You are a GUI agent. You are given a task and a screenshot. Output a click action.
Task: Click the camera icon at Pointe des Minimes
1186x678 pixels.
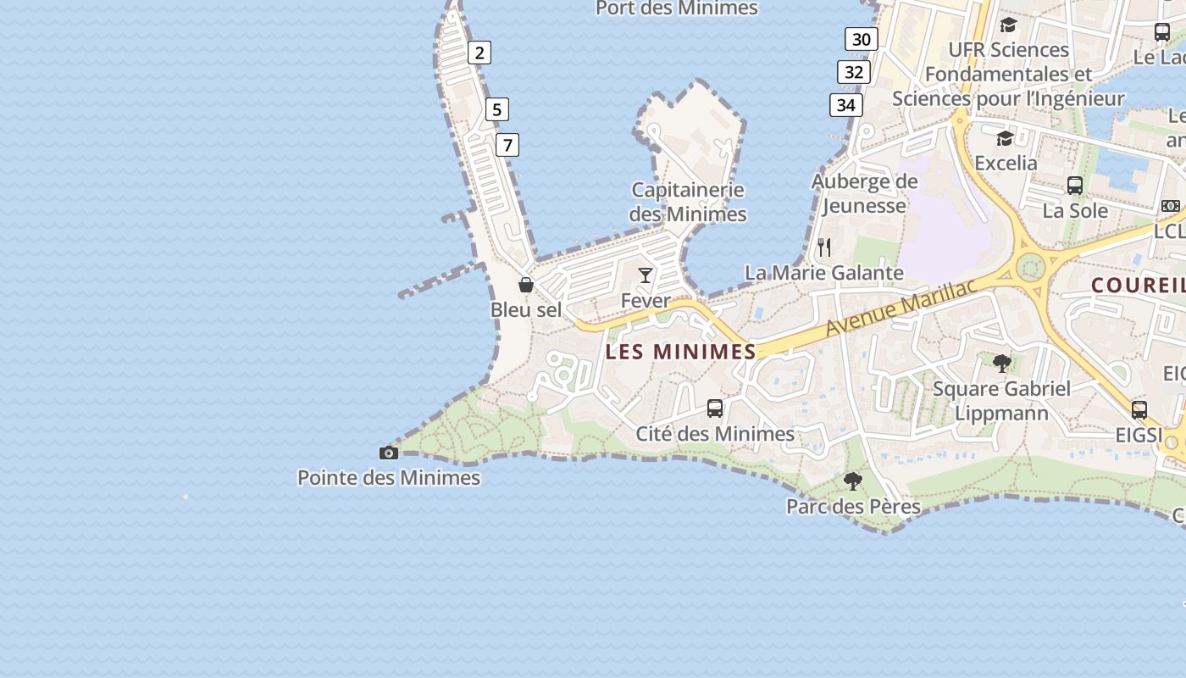pyautogui.click(x=389, y=453)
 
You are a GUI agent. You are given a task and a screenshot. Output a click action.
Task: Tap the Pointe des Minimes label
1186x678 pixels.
pyautogui.click(x=389, y=478)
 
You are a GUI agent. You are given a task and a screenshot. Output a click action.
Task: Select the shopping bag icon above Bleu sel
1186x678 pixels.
pyautogui.click(x=526, y=285)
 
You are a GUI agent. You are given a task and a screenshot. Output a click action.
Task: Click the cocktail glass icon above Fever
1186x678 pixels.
pyautogui.click(x=646, y=275)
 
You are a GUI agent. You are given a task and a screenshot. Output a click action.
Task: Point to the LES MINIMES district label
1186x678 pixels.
pyautogui.click(x=681, y=352)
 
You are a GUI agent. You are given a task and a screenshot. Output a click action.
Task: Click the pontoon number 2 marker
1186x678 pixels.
pyautogui.click(x=479, y=53)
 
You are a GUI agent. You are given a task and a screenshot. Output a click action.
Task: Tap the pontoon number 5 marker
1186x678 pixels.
pyautogui.click(x=497, y=109)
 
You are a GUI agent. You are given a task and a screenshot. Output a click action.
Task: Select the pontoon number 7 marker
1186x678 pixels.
pyautogui.click(x=507, y=145)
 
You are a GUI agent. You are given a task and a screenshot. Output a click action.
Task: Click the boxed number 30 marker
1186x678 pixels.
pyautogui.click(x=862, y=39)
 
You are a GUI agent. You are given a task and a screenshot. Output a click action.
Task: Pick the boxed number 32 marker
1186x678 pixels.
pyautogui.click(x=854, y=72)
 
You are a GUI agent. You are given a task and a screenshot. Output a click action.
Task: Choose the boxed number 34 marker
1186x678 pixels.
pyautogui.click(x=846, y=105)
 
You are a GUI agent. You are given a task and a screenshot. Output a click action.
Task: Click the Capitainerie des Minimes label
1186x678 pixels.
pyautogui.click(x=688, y=202)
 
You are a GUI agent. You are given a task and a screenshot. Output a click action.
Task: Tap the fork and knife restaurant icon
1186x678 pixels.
pyautogui.click(x=824, y=247)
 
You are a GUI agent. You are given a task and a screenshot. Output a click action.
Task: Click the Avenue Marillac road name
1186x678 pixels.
pyautogui.click(x=901, y=308)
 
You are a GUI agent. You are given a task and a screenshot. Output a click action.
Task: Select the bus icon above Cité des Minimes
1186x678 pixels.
pyautogui.click(x=715, y=408)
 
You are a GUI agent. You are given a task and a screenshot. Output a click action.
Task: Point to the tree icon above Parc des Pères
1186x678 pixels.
pyautogui.click(x=853, y=481)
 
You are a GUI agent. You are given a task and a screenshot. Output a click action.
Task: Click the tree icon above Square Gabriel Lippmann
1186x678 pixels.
pyautogui.click(x=1002, y=364)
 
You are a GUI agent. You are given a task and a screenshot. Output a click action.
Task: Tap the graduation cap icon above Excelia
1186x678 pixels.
pyautogui.click(x=1005, y=137)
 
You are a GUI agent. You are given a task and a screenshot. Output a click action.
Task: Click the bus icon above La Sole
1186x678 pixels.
pyautogui.click(x=1075, y=185)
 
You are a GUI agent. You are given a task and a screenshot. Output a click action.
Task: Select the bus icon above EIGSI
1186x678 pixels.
pyautogui.click(x=1139, y=410)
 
